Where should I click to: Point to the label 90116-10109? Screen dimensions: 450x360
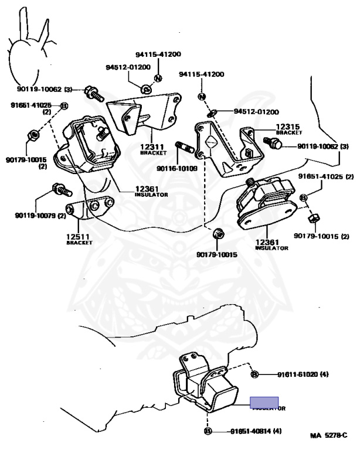(x=177, y=169)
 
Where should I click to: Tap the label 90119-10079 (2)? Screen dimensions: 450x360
(x=40, y=216)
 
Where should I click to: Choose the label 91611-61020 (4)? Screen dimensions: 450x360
(x=296, y=374)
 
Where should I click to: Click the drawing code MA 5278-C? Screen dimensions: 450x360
(x=330, y=435)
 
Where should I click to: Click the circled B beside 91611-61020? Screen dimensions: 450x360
(x=255, y=374)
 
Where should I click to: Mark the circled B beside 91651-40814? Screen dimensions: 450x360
(x=208, y=431)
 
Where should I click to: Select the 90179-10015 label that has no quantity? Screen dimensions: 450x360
(x=216, y=255)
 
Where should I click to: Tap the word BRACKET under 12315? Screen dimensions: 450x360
(x=288, y=133)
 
